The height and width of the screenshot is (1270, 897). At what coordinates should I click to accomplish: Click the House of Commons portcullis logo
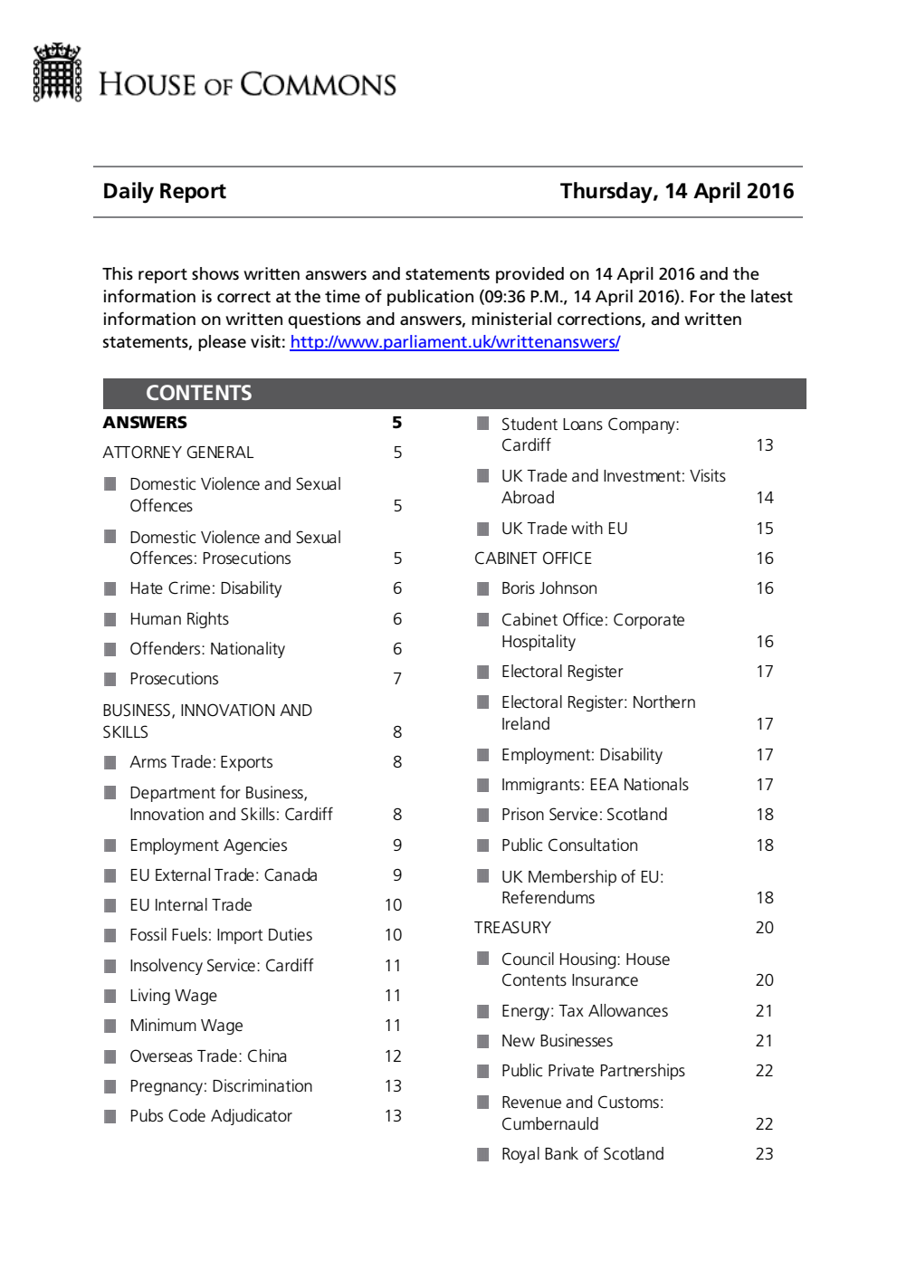click(57, 72)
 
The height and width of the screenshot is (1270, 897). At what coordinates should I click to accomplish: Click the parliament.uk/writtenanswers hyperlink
click(454, 342)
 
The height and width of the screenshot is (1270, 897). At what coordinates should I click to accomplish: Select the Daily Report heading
click(164, 191)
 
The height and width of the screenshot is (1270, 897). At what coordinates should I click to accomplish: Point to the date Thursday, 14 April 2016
click(676, 191)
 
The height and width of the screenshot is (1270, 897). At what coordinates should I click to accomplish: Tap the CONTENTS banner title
click(198, 393)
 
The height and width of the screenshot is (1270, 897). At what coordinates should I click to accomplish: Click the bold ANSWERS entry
click(145, 423)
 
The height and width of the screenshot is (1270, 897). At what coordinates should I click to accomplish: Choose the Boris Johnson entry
click(549, 588)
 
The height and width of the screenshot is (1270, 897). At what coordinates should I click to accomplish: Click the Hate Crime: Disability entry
click(205, 588)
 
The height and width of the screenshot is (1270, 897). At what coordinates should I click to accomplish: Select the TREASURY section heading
click(512, 928)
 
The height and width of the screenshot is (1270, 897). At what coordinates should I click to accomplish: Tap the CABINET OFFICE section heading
click(532, 559)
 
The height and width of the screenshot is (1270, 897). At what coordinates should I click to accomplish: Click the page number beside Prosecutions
click(396, 679)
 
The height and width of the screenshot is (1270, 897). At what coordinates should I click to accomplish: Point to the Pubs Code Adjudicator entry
click(210, 1116)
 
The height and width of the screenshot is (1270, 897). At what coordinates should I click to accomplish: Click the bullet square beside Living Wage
click(110, 996)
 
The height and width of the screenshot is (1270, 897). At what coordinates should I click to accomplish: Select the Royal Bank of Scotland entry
click(582, 1154)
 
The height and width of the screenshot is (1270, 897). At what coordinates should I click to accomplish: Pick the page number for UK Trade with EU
click(764, 529)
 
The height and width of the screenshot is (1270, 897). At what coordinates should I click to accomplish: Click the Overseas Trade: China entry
click(207, 1056)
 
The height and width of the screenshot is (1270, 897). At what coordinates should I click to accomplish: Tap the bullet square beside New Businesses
click(482, 1041)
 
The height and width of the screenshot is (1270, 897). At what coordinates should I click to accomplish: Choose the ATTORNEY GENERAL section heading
click(177, 453)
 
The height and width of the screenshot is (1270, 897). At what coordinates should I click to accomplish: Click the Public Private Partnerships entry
click(593, 1071)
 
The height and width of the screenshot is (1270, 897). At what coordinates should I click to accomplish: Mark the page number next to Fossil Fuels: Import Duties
click(393, 935)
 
